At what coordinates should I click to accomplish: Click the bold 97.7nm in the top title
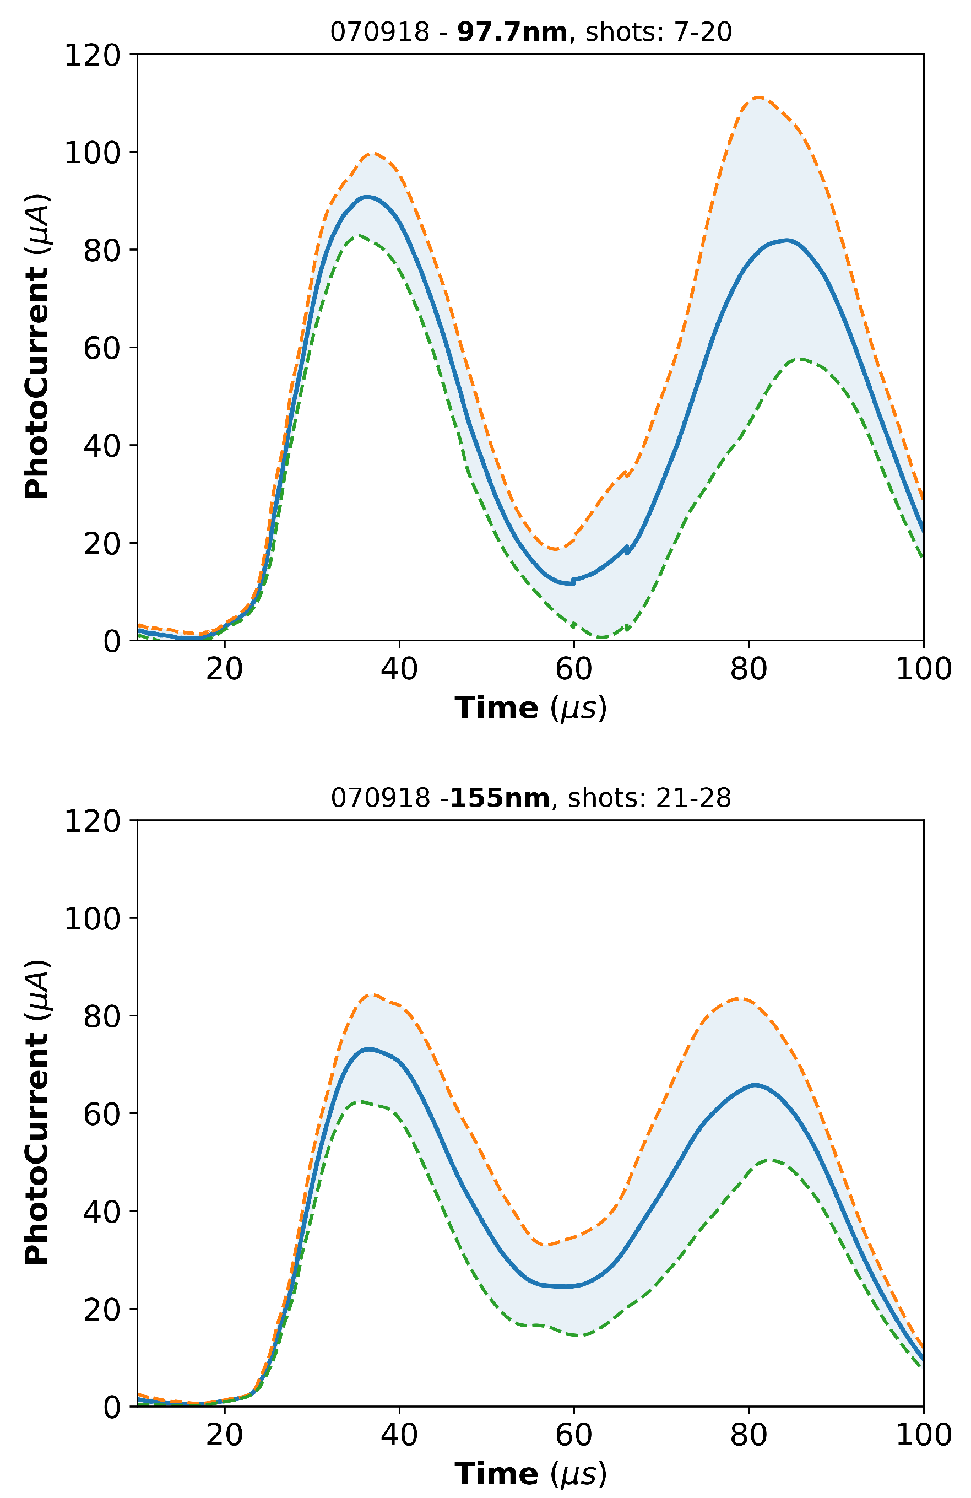(512, 31)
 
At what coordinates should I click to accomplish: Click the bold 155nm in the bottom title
(500, 798)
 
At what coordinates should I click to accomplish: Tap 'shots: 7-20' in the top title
(658, 31)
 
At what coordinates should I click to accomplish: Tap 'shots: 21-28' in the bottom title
(649, 798)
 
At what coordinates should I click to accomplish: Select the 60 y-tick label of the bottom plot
(101, 1113)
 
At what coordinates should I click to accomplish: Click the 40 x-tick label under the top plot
(399, 669)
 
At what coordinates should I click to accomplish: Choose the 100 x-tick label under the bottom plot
(923, 1435)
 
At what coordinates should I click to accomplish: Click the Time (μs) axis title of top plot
(530, 708)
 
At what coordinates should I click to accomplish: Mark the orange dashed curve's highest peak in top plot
(759, 98)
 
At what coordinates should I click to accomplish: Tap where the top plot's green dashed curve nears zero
(601, 637)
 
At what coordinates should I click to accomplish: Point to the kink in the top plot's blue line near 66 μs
(626, 549)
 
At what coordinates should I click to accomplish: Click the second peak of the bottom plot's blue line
(755, 1085)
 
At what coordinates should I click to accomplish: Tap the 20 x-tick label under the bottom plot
(224, 1435)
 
